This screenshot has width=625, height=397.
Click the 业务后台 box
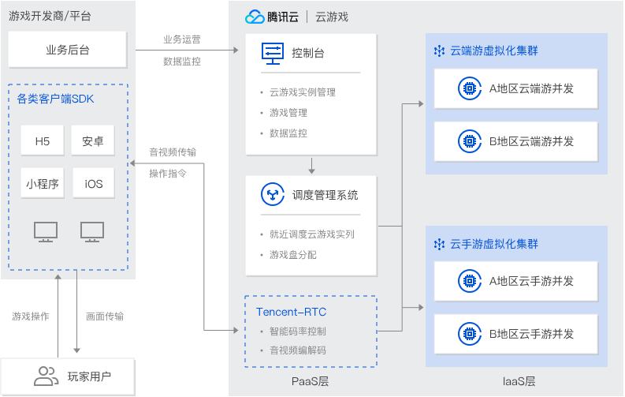click(x=67, y=50)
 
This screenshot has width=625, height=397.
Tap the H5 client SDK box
click(x=43, y=141)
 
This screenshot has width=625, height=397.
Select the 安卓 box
click(x=93, y=141)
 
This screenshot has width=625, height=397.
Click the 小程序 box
click(x=43, y=184)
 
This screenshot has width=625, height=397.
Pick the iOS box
click(x=93, y=184)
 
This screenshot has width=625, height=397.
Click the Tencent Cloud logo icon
click(x=254, y=17)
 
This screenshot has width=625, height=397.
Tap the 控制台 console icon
click(x=272, y=54)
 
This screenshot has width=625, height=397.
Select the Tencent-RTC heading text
click(x=291, y=312)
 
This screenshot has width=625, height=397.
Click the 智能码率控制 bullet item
click(x=297, y=331)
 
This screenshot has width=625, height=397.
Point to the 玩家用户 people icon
click(x=47, y=376)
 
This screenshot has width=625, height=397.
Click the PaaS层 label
click(x=310, y=381)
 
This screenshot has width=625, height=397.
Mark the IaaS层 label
click(x=518, y=381)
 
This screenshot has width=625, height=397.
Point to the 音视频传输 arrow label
click(x=173, y=152)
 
